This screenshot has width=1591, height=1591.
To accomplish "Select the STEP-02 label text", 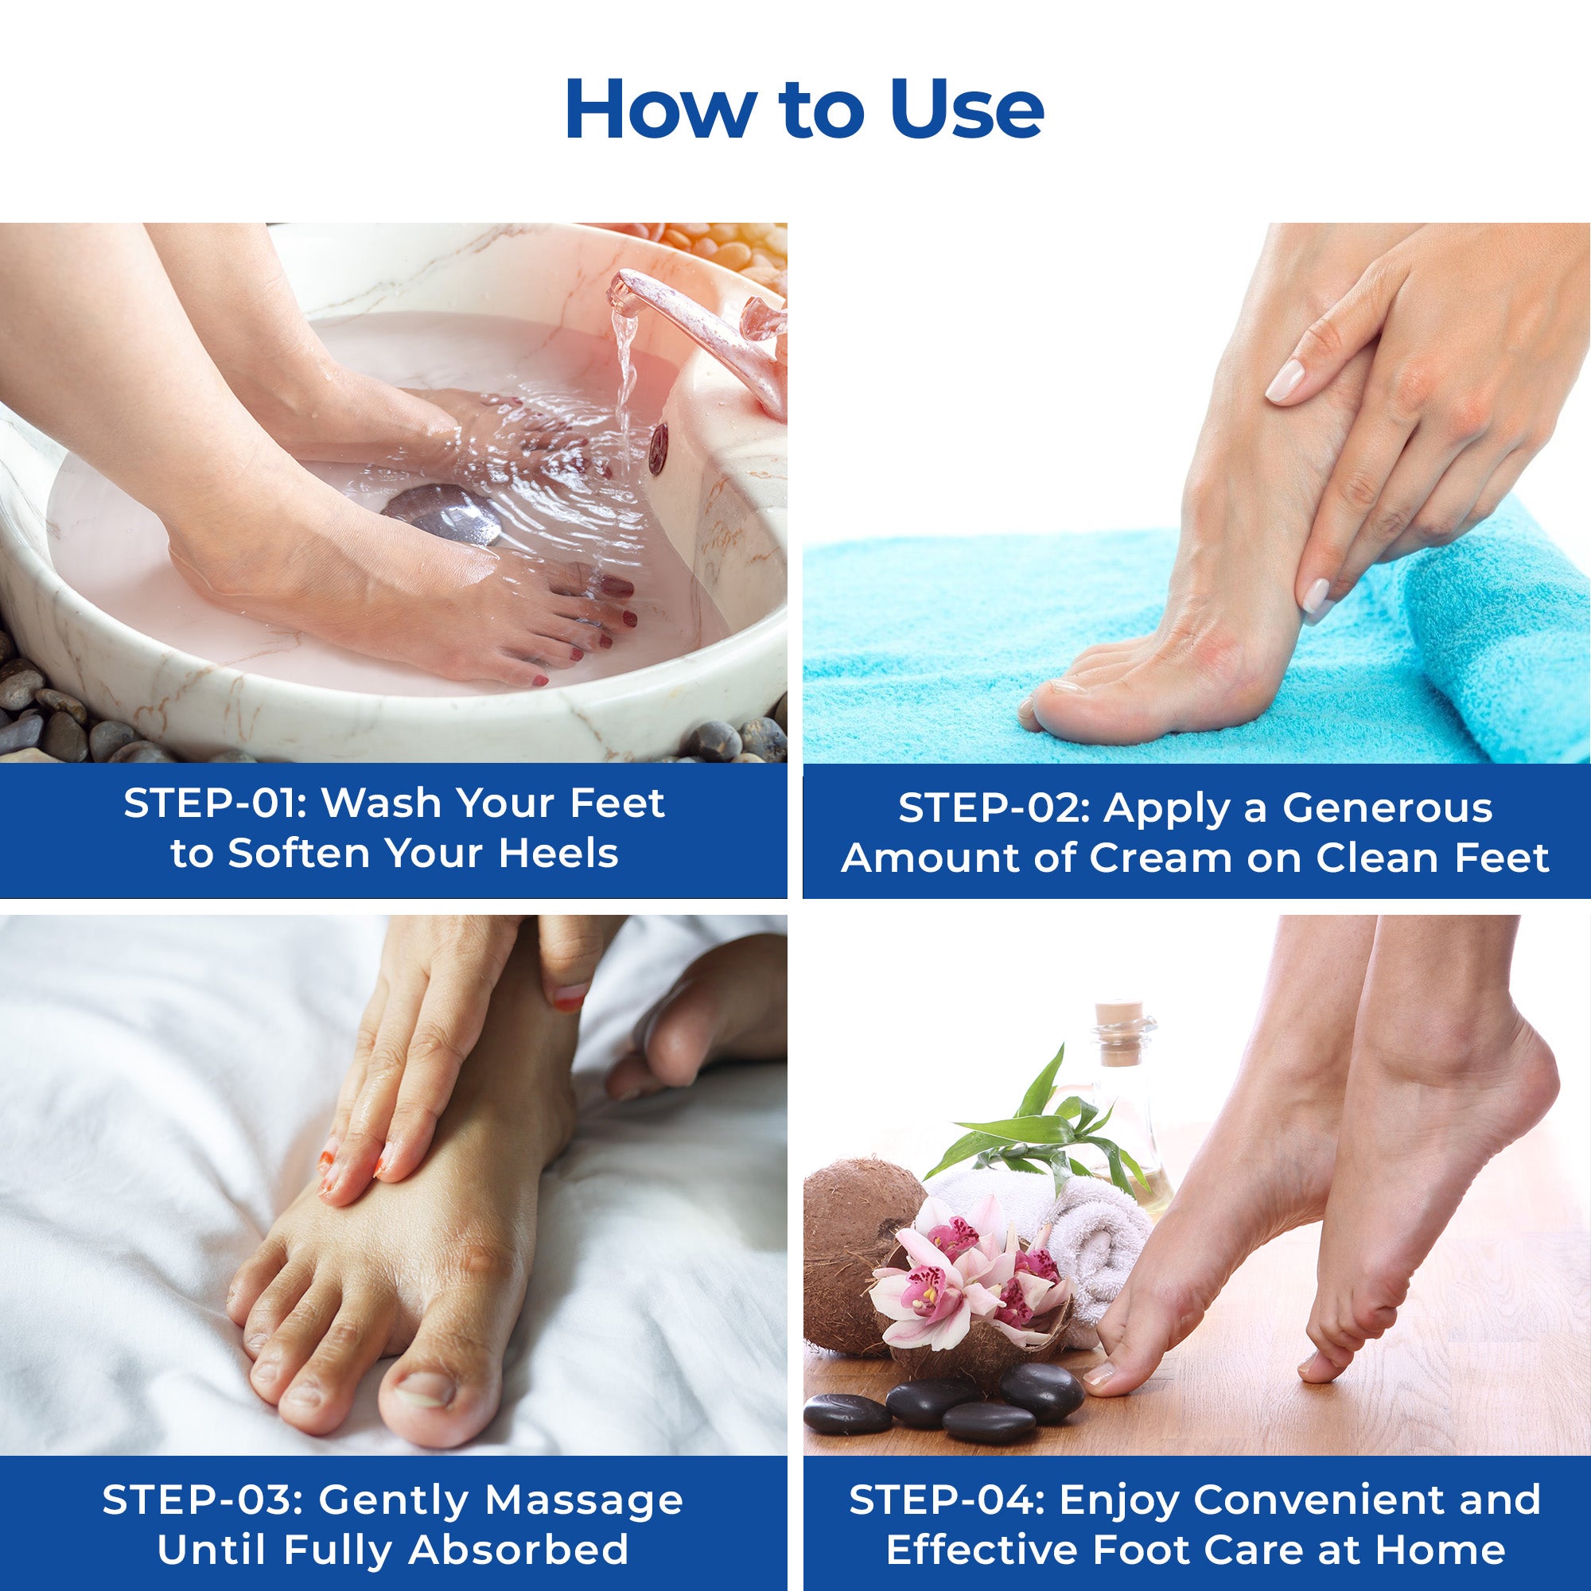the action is click(x=990, y=809).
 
